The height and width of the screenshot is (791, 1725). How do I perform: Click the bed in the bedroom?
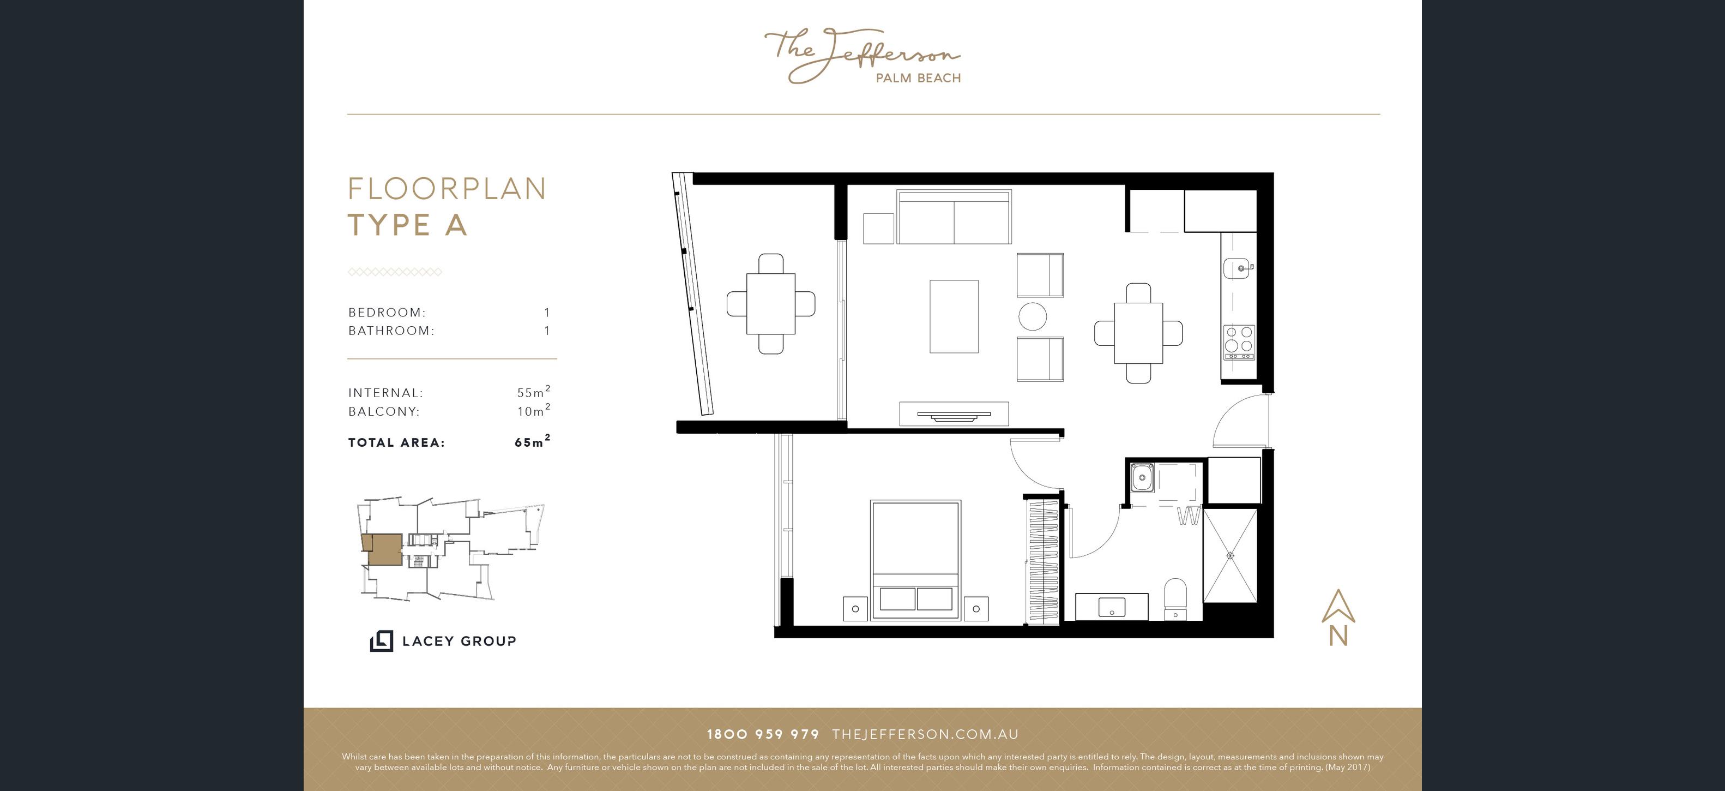coord(915,560)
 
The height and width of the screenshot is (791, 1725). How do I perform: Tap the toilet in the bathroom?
coord(1175,600)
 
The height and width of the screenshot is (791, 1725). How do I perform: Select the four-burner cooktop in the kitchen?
coord(1239,342)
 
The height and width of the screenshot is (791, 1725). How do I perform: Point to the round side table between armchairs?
coord(1033,316)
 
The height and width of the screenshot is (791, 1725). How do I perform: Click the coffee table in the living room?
coord(954,316)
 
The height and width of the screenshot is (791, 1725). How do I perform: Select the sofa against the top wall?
coord(954,217)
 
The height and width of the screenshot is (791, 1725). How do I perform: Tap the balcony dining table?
coord(771,303)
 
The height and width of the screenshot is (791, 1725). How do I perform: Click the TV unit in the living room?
coord(954,414)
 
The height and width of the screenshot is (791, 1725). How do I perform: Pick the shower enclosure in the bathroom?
coord(1230,555)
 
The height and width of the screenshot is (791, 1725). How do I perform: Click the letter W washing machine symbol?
coord(1189,517)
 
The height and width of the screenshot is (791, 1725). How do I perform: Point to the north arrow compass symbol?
coord(1338,617)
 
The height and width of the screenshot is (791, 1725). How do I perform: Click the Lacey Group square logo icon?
coord(381,641)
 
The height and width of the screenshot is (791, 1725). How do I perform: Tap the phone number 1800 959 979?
coord(763,734)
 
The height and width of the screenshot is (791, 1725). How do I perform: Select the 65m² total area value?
coord(532,441)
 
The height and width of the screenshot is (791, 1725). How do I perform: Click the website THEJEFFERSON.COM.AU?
coord(925,734)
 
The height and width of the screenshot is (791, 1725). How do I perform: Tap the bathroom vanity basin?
coord(1112,608)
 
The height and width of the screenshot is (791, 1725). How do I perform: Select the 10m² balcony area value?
coord(534,410)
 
